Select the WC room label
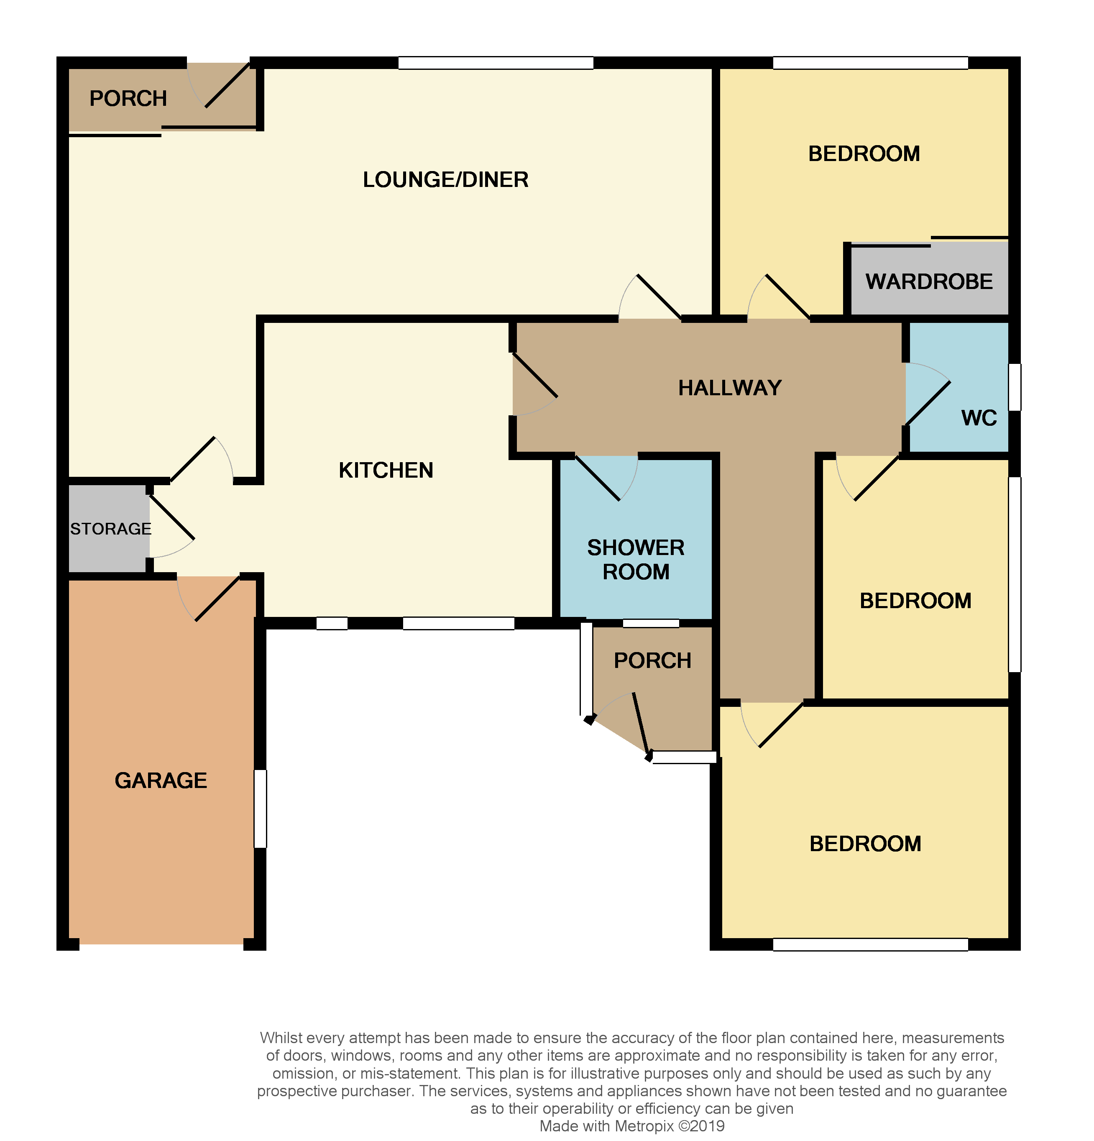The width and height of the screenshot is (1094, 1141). [x=979, y=418]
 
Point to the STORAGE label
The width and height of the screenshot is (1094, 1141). [x=110, y=529]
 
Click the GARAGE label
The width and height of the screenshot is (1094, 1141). [x=161, y=780]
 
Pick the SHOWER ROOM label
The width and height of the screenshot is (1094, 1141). [x=636, y=560]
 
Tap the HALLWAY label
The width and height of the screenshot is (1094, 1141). [x=730, y=388]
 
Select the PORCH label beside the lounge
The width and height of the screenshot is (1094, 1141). [x=128, y=98]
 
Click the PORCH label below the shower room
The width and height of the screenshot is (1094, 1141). [x=652, y=661]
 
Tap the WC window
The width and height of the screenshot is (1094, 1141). [x=1014, y=387]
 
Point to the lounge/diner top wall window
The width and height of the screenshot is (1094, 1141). [x=496, y=63]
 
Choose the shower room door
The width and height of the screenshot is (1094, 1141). [x=605, y=477]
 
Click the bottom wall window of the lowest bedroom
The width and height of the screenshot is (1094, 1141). [x=870, y=944]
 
